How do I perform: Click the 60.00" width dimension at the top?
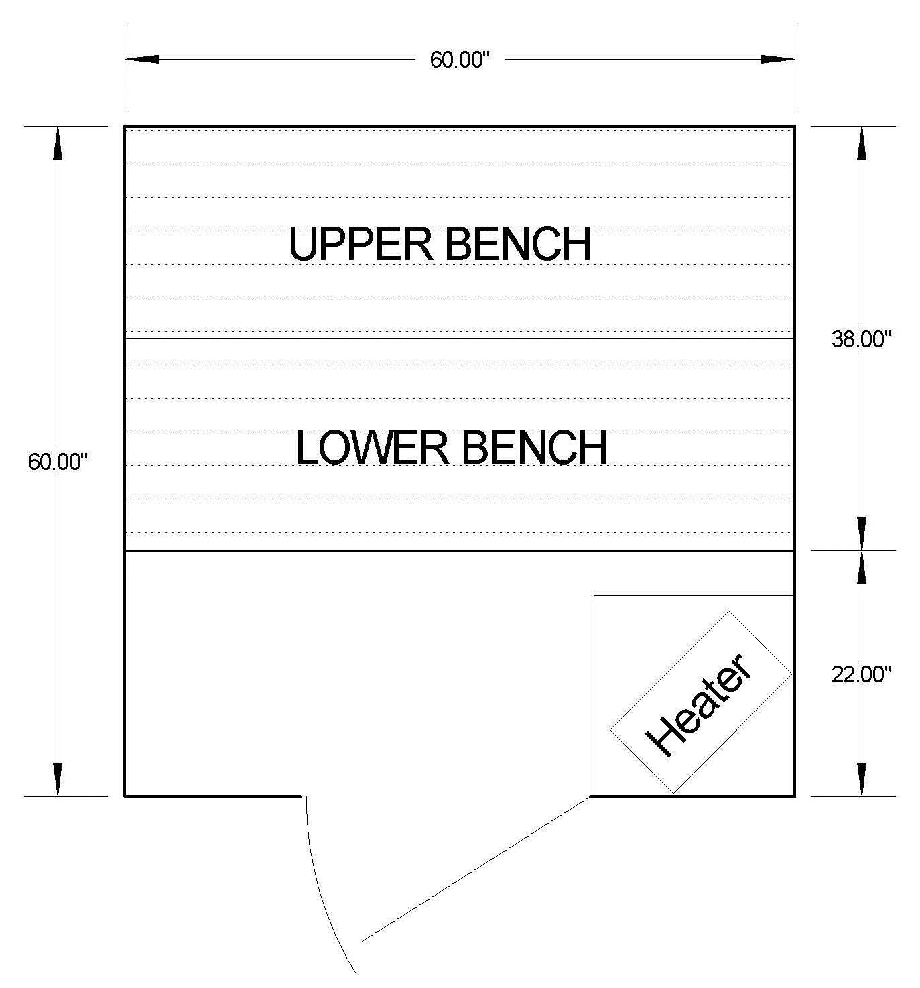[460, 60]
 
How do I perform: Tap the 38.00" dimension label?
[862, 339]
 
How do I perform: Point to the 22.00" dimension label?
[862, 674]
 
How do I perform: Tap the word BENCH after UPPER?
[517, 244]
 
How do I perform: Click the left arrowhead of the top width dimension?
[142, 60]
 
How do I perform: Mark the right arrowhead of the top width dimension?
[777, 60]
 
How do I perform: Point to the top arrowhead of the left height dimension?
[58, 143]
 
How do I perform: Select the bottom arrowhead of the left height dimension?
[58, 779]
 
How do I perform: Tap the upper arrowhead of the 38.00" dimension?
[862, 143]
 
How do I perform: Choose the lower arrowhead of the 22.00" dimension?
[862, 779]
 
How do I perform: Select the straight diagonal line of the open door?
[476, 869]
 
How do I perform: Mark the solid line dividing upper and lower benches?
[460, 338]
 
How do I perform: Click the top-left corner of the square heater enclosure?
[594, 596]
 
